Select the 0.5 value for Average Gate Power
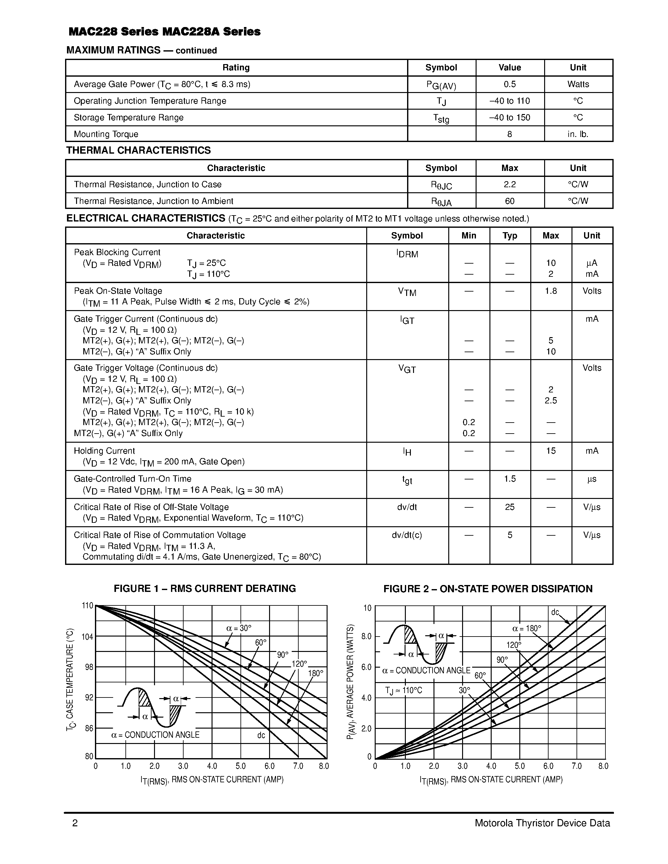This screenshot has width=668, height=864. (509, 84)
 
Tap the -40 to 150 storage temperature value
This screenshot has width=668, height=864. (509, 118)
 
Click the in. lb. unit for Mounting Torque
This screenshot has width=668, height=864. (578, 134)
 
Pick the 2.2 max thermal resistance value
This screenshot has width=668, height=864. (509, 184)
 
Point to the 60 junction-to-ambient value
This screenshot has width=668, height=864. (509, 201)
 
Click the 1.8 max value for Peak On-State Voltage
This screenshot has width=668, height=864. (550, 291)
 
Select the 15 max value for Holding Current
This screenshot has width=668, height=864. (550, 451)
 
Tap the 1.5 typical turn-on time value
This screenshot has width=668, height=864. (509, 479)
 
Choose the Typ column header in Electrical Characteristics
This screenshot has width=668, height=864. (509, 236)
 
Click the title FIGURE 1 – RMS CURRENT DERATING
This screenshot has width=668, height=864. (205, 589)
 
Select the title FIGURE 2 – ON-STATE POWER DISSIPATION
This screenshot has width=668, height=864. (488, 589)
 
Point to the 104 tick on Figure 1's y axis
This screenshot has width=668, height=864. (87, 637)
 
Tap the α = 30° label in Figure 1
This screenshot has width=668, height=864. (239, 628)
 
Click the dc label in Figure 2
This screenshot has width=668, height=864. (555, 612)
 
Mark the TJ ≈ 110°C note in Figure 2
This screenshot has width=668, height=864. (403, 690)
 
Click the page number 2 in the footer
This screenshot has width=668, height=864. (75, 823)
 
